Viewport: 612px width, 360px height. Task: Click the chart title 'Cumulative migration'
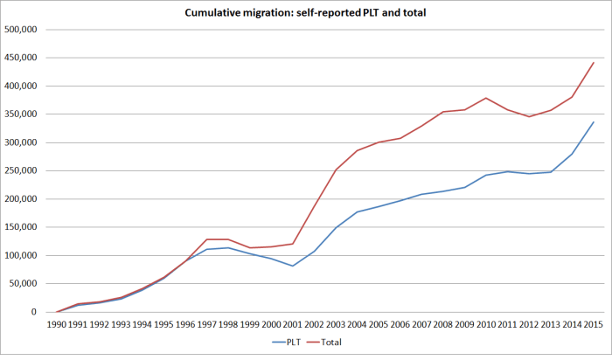click(x=305, y=12)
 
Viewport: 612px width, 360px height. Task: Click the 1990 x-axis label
click(x=57, y=325)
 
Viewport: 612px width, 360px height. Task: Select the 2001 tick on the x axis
click(x=293, y=325)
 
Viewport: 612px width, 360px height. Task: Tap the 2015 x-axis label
click(x=594, y=325)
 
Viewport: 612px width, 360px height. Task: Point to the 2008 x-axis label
click(x=443, y=325)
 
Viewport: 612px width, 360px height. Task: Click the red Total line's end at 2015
click(x=594, y=62)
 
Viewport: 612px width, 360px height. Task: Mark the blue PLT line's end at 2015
click(x=594, y=122)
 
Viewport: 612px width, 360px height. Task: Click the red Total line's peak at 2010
click(x=486, y=98)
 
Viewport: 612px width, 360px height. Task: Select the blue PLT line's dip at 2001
click(x=293, y=266)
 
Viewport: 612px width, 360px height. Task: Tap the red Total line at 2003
click(x=336, y=170)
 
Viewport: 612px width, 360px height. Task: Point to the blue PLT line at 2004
click(x=358, y=211)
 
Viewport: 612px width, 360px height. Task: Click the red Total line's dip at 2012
click(x=529, y=116)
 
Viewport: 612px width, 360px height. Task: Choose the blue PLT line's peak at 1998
click(x=228, y=247)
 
